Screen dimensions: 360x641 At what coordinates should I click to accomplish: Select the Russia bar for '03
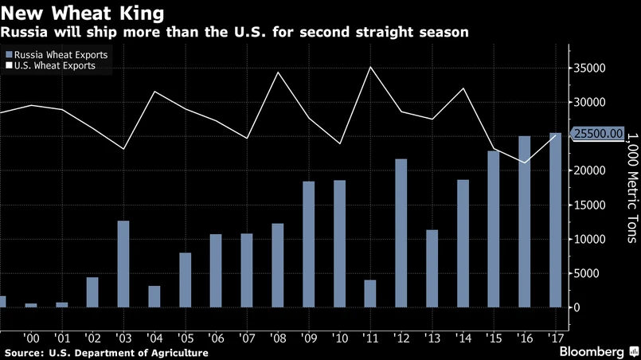tap(123, 264)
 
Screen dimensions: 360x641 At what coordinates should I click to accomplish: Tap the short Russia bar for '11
tap(369, 293)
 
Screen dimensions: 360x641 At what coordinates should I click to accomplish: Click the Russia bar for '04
tap(154, 296)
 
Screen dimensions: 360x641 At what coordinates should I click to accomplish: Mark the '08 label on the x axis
tap(278, 338)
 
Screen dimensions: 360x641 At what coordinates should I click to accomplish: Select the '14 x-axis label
tap(463, 338)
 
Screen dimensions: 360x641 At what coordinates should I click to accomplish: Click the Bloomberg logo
tap(592, 351)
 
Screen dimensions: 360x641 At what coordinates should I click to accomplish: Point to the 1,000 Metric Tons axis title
tap(631, 188)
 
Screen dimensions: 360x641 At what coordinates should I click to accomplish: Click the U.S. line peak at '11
tap(370, 67)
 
